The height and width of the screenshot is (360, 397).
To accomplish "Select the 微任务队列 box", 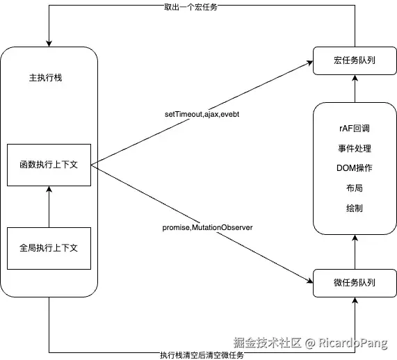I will pos(354,283).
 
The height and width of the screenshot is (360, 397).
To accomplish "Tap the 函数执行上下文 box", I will pos(49,165).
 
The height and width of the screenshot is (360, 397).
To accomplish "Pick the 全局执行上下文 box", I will pos(49,248).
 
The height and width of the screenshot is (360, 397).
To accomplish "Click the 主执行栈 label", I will pos(42,77).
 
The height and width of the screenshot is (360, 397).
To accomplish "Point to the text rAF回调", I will pos(354,129).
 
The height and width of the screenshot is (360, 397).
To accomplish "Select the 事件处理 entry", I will pos(354,149).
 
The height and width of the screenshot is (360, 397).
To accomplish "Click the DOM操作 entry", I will pos(354,168).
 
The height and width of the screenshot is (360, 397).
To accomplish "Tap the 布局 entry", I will pos(354,188).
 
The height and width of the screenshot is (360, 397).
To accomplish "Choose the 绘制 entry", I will pos(354,208).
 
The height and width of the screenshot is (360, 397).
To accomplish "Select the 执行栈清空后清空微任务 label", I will pos(202,355).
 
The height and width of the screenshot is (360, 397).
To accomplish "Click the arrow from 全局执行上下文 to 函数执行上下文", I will pos(49,207).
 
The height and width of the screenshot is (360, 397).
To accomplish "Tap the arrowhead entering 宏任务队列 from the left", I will pos(309,63).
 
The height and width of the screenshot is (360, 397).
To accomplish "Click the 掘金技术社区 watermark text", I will pos(266,342).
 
